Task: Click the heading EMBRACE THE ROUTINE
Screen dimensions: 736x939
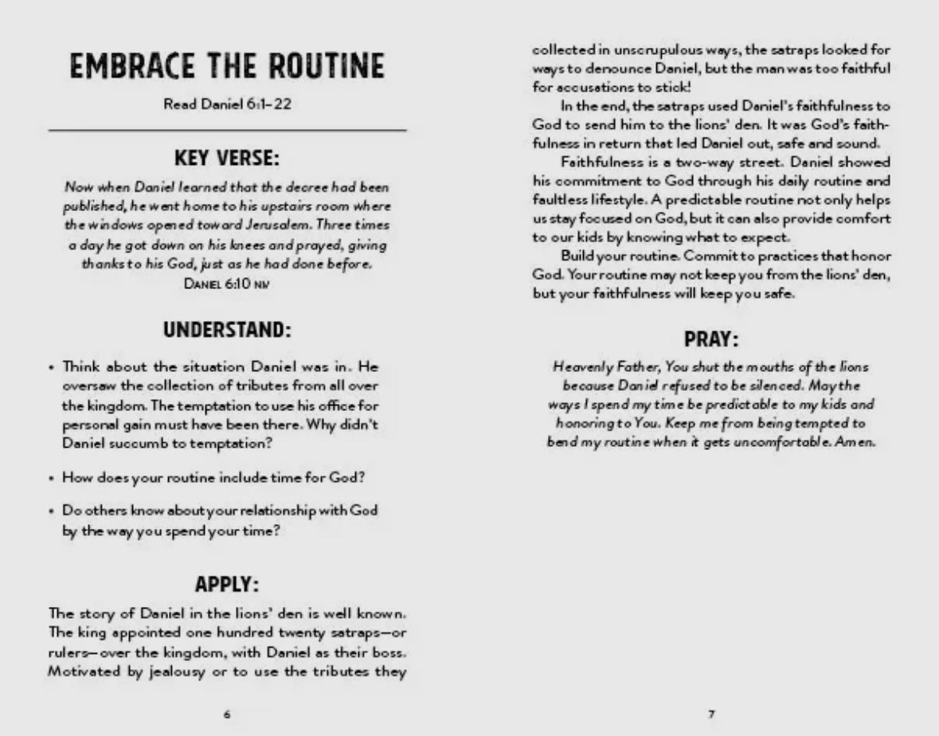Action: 227,67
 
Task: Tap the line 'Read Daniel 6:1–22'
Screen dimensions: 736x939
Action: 227,105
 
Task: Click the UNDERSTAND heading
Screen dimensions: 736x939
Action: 227,329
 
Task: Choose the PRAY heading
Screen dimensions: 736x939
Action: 711,339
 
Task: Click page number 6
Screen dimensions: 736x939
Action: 227,714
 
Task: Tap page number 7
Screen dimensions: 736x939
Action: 711,714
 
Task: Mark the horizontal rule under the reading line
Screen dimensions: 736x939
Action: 227,129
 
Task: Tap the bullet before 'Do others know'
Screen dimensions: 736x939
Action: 52,511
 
